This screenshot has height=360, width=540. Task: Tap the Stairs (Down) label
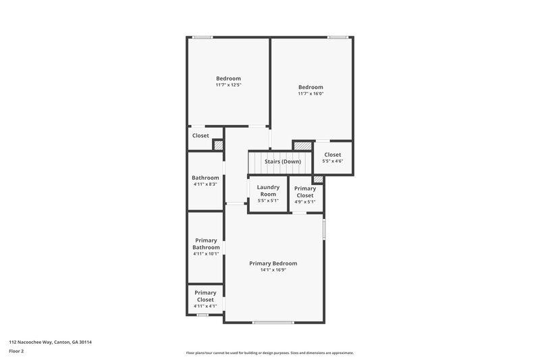click(x=282, y=162)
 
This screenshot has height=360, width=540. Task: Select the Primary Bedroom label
click(x=273, y=263)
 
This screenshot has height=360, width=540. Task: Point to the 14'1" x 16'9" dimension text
click(x=273, y=270)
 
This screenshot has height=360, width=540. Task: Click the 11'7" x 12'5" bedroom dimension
click(x=228, y=85)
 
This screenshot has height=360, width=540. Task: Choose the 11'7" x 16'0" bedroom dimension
click(x=310, y=94)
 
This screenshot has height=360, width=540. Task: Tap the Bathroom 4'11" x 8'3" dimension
click(x=205, y=184)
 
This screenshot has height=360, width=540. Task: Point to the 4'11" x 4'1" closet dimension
click(x=205, y=306)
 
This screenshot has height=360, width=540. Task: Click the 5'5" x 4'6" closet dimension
click(x=332, y=161)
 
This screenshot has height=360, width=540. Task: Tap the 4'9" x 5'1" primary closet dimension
click(x=305, y=202)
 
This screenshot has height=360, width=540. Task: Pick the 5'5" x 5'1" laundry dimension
click(x=268, y=201)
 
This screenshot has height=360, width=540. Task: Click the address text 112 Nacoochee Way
click(x=50, y=342)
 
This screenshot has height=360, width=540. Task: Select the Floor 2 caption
click(x=17, y=351)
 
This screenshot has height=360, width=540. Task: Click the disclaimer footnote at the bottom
click(x=269, y=353)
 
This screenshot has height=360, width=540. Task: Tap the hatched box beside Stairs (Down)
click(x=302, y=145)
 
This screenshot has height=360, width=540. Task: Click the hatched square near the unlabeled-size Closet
click(x=218, y=145)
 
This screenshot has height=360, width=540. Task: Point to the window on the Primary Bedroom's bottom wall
click(x=273, y=322)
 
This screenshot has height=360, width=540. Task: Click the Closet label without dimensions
click(x=200, y=136)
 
